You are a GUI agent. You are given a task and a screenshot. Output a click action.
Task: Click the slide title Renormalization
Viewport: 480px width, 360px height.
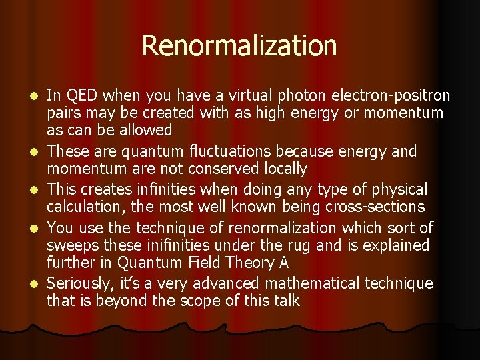point(239,46)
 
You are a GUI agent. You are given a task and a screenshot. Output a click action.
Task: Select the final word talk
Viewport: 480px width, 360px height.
point(285,301)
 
